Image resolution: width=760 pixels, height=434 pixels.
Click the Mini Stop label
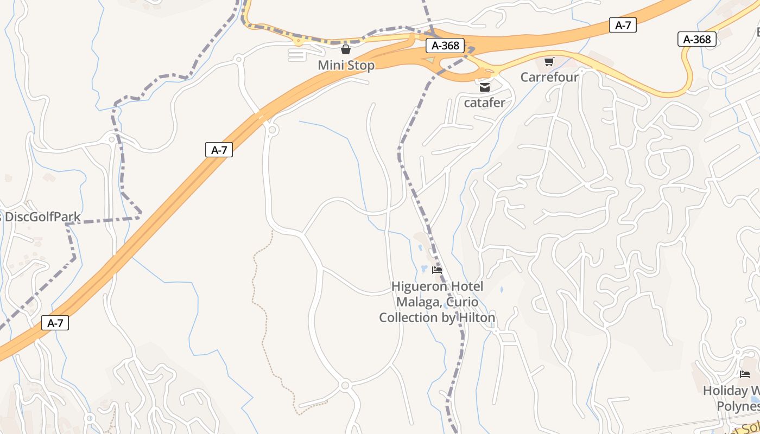tap(346, 66)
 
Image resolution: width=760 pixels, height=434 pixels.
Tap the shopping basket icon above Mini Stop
tap(346, 50)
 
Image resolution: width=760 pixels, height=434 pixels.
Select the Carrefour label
tap(549, 77)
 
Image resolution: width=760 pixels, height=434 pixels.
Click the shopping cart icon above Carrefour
tap(549, 61)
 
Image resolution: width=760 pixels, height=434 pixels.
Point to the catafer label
tap(484, 102)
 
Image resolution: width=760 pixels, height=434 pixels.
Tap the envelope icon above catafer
tap(485, 87)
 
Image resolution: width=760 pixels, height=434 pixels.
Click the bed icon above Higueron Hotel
tap(437, 270)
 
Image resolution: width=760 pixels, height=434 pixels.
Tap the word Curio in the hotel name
tap(463, 302)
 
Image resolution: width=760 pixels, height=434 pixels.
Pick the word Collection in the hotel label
tap(409, 317)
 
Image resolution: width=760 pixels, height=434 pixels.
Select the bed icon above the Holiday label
tap(745, 374)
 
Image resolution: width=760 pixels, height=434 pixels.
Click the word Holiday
tap(725, 391)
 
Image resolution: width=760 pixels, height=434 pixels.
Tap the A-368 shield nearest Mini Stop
tap(445, 46)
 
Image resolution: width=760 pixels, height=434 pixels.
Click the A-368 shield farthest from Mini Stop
tap(697, 39)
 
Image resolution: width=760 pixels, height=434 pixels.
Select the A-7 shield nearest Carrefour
tap(623, 25)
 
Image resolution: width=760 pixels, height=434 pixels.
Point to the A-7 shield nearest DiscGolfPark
tap(219, 150)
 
